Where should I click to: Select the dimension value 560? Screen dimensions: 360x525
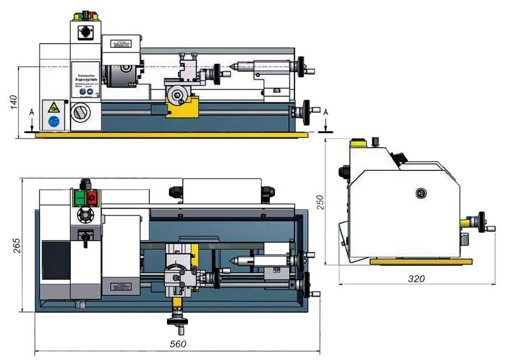(x=178, y=344)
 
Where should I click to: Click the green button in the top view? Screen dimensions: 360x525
(x=80, y=198)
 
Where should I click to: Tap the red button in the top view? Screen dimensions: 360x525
(x=92, y=198)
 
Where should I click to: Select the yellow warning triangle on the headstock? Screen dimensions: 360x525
(x=53, y=108)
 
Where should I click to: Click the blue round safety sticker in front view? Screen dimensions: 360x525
(x=53, y=122)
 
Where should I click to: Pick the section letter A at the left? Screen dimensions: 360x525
(x=32, y=112)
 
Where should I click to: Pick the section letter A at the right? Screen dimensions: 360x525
(x=326, y=112)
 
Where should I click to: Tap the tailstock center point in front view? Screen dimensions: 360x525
(x=232, y=66)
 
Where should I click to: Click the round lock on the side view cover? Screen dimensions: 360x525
(x=420, y=193)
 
